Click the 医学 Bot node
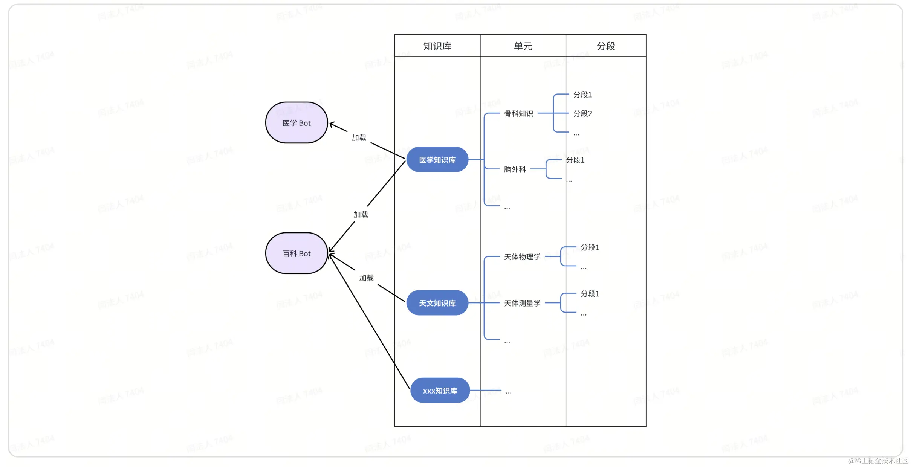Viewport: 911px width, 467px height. [297, 123]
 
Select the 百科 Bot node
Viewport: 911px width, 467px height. [297, 253]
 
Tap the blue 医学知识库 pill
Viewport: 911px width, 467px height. [437, 160]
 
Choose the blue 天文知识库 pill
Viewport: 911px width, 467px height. [437, 303]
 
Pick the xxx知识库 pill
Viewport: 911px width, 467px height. [440, 391]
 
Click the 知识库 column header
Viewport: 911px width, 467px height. [437, 46]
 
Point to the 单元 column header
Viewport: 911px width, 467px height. [523, 46]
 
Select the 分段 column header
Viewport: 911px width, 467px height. [606, 46]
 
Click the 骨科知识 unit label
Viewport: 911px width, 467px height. [518, 113]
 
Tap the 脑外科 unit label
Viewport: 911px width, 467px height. [515, 169]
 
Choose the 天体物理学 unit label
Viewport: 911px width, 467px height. [522, 257]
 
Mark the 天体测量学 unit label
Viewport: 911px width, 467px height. [522, 303]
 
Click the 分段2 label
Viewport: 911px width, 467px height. [582, 113]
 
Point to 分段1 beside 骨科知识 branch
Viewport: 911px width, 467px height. [582, 95]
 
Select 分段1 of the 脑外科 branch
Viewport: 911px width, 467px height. [575, 160]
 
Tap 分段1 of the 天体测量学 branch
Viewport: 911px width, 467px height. [590, 294]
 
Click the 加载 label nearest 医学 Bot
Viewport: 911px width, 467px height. [359, 137]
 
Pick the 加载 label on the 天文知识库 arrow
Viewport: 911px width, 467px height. [366, 278]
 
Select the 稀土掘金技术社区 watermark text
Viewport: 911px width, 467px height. [878, 461]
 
